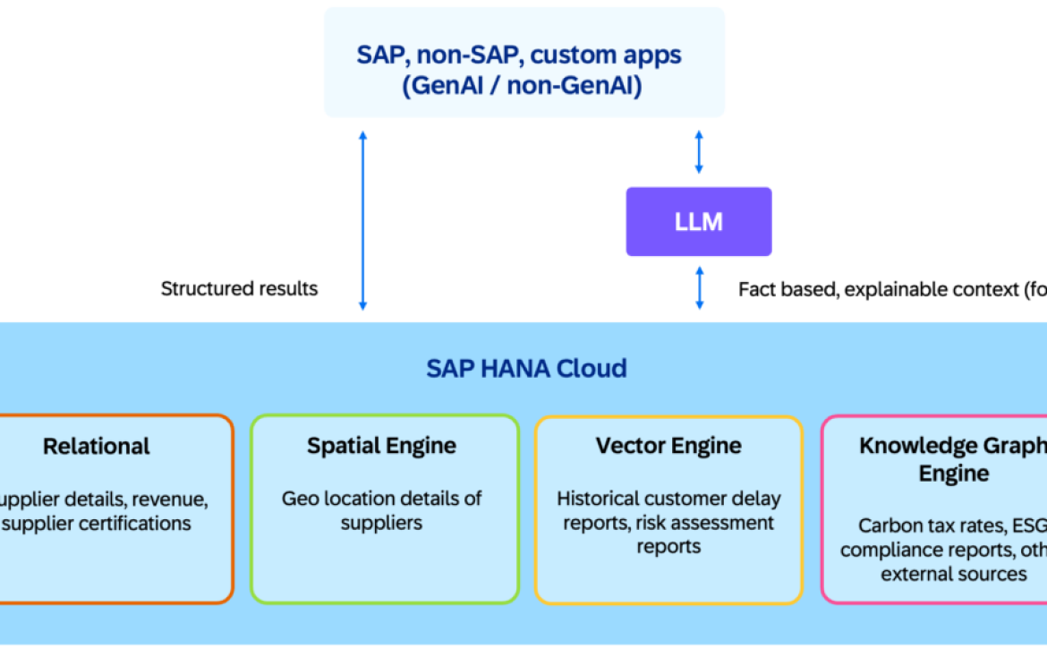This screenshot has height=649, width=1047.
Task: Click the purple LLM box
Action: pos(698,221)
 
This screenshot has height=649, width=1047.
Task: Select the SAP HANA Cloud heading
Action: pos(526,368)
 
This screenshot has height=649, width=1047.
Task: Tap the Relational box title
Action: pos(97,446)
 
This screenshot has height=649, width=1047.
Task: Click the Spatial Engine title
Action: pos(382,446)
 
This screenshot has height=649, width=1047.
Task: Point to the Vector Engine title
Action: pos(668,446)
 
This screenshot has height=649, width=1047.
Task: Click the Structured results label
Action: pos(239,289)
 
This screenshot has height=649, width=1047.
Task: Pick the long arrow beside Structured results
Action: pos(362,219)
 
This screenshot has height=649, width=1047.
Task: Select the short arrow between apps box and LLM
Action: pos(699,152)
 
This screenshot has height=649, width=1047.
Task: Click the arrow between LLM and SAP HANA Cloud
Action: pos(699,288)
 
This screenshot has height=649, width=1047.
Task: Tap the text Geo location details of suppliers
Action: pos(382,510)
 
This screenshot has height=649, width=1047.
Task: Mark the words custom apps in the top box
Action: pos(606,55)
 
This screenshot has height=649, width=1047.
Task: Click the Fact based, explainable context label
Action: pos(886,289)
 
